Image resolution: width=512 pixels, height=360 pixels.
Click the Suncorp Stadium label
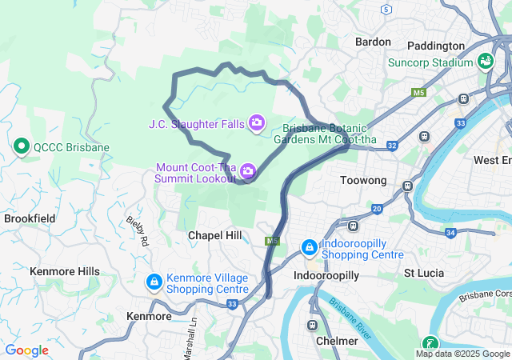tap(430, 62)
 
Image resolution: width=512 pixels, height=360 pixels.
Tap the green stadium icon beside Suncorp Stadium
tap(485, 62)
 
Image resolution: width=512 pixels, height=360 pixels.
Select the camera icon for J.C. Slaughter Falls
tap(257, 122)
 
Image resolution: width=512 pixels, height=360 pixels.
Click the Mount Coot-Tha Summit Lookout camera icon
tap(248, 170)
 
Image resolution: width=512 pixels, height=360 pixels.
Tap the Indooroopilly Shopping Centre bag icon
tap(309, 248)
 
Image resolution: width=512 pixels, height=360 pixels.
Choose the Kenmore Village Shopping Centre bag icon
tap(154, 282)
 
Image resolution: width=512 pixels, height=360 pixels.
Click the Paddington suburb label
tap(435, 46)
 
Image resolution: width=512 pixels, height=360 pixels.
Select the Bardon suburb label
tap(372, 42)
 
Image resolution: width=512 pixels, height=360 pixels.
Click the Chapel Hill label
tap(214, 235)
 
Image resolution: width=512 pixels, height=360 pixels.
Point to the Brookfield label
tap(30, 218)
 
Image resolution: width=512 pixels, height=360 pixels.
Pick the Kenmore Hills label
tap(65, 271)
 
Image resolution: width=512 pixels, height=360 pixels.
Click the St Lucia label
tap(423, 273)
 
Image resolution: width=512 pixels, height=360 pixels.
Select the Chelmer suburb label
tap(337, 341)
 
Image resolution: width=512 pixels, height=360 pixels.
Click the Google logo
tap(26, 350)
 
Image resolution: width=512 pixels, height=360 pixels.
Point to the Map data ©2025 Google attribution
tap(462, 354)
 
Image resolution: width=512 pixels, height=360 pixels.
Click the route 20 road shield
tap(376, 209)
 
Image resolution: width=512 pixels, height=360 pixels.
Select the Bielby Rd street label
tap(138, 230)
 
